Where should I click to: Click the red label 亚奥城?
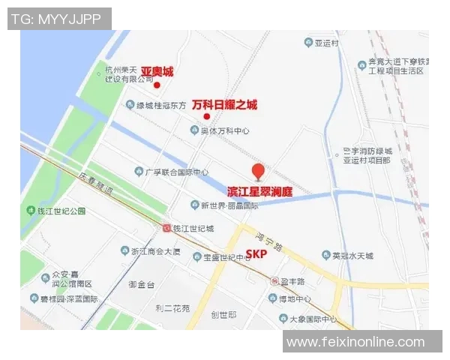click(157, 72)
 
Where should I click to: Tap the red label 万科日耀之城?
click(224, 105)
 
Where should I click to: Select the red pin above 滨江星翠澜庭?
click(258, 172)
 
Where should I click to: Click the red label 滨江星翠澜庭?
click(259, 192)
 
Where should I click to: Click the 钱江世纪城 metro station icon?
click(166, 228)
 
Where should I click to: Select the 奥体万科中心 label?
click(224, 130)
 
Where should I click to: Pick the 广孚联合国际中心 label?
click(177, 172)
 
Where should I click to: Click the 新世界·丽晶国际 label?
click(229, 205)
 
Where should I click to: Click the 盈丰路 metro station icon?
click(274, 281)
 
